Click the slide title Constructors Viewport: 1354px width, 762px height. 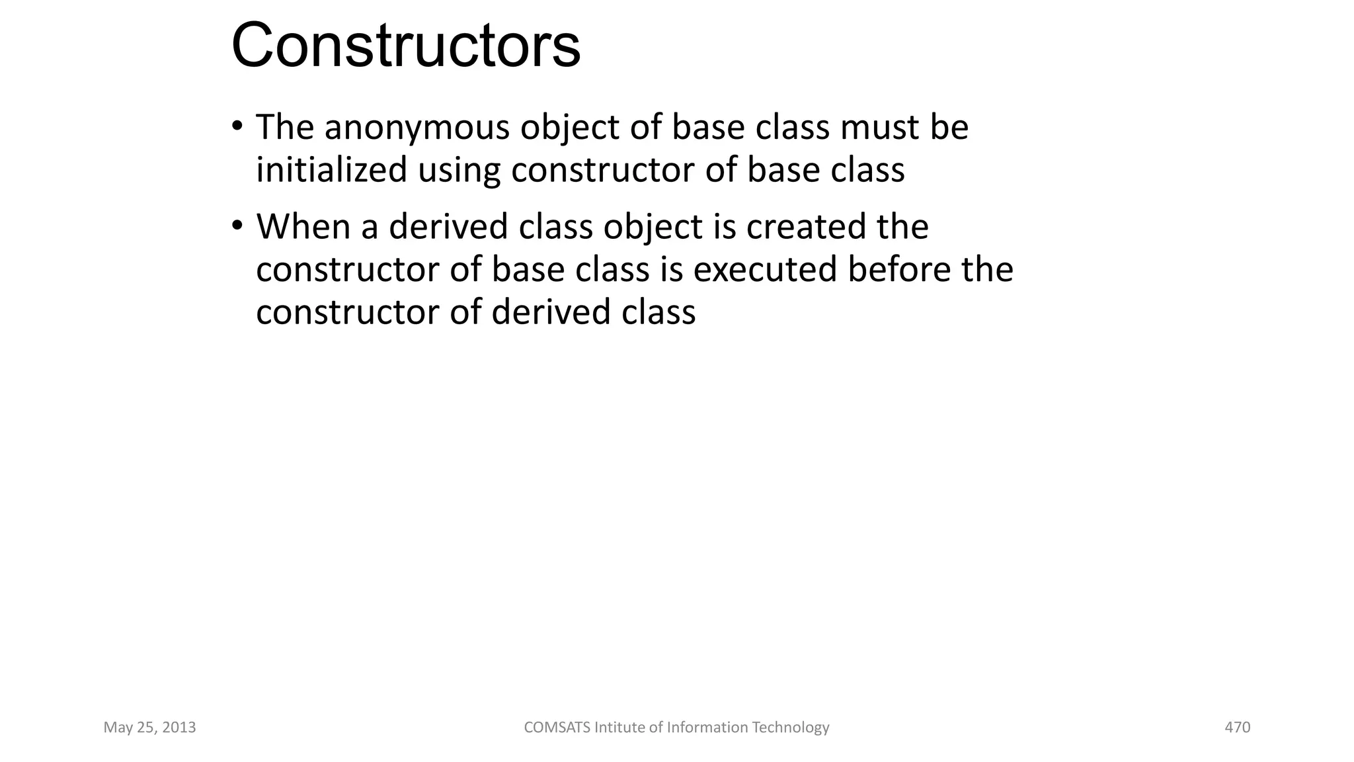[x=405, y=46]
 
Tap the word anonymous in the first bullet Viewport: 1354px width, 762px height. [x=417, y=127]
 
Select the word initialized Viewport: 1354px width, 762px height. [x=331, y=170]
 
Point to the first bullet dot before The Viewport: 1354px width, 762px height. [x=237, y=126]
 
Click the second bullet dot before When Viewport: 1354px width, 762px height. [x=237, y=226]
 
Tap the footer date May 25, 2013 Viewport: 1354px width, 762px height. [x=149, y=728]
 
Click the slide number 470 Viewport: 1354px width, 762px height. [x=1237, y=728]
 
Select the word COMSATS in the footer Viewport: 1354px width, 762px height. [x=557, y=728]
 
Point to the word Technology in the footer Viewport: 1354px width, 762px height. [x=791, y=728]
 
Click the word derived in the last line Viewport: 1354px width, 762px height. [x=551, y=312]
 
